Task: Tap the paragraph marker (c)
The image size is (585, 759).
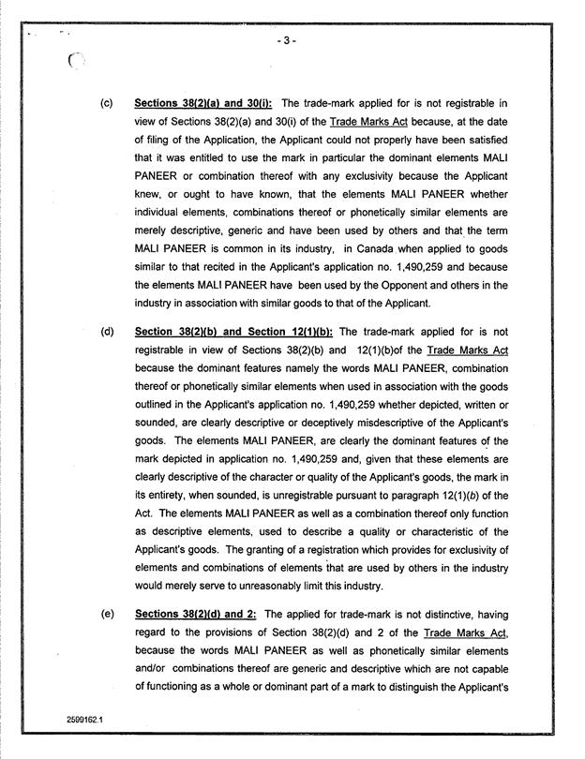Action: pos(106,102)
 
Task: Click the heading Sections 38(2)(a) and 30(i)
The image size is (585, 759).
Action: pos(203,102)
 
